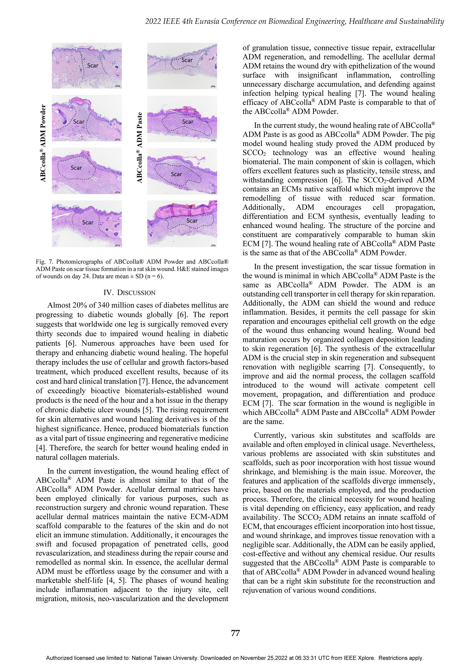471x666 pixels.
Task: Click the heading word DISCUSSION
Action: point(136,293)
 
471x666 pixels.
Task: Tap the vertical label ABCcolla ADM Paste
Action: point(140,147)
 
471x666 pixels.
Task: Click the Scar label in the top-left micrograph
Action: point(93,65)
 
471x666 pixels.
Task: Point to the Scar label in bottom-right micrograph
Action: point(192,221)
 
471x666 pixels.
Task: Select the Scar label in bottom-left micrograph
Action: point(88,222)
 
